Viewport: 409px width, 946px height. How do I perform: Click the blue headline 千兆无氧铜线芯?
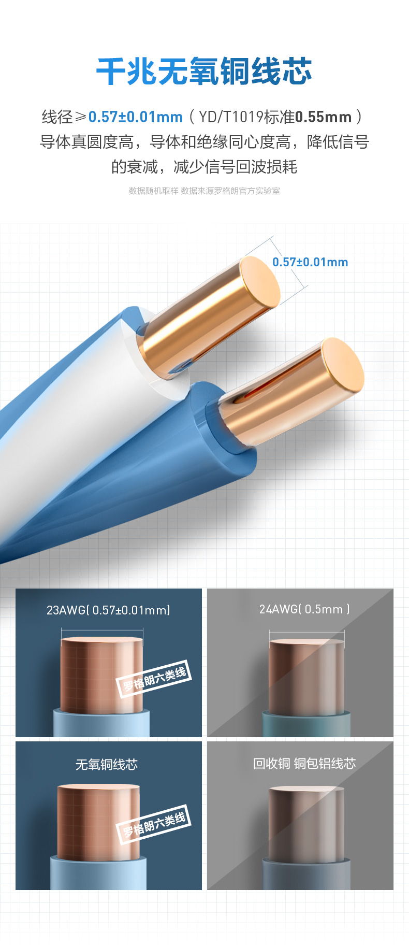point(204,71)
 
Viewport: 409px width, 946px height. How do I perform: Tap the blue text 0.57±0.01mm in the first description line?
point(136,117)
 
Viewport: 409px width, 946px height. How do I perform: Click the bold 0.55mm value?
point(324,117)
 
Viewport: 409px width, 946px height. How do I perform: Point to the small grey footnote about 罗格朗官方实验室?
point(204,191)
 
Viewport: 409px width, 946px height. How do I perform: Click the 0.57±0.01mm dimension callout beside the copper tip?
point(310,262)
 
